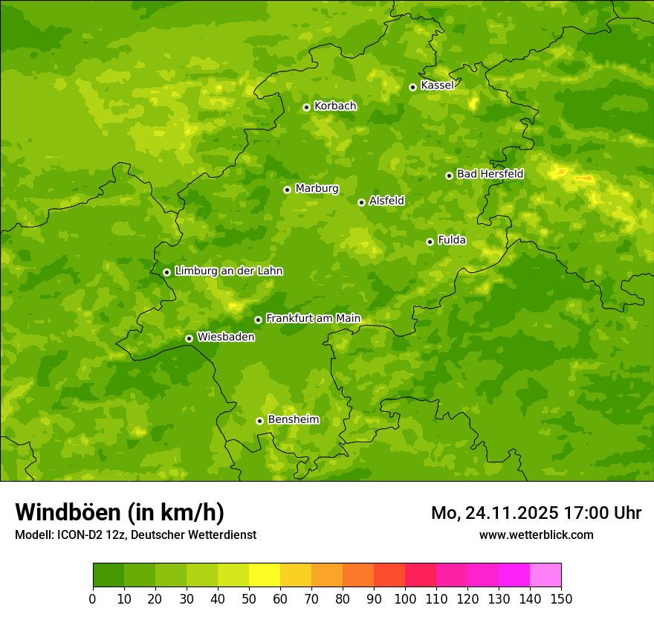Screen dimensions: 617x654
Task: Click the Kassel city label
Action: coord(437,85)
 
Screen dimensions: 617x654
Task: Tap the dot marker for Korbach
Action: coord(306,107)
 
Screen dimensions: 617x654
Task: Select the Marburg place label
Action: coord(317,189)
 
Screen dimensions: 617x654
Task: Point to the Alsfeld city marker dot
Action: coord(361,202)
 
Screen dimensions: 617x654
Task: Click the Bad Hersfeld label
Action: coord(490,174)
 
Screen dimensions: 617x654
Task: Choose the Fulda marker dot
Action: coord(430,242)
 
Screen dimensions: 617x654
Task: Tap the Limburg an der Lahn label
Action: coord(228,271)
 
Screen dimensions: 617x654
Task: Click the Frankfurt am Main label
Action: coord(313,318)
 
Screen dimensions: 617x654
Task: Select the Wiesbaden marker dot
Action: coord(189,338)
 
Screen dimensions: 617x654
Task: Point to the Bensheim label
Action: coord(293,419)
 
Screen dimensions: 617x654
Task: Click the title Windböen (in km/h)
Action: coord(120,512)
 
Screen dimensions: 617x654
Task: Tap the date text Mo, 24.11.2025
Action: coord(496,513)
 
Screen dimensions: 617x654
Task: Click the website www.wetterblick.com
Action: coord(536,534)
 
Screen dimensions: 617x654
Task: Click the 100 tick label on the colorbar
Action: coord(405,598)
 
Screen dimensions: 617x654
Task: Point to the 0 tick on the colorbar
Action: coord(93,598)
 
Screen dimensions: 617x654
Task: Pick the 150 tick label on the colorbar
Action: coord(561,598)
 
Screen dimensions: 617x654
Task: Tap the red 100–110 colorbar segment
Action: coord(421,575)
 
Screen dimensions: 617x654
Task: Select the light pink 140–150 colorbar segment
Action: coord(545,575)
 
